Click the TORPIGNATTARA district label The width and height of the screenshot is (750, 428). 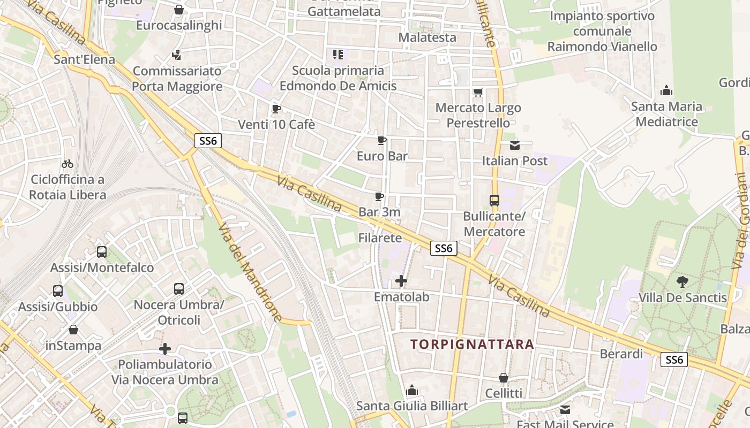pos(473,344)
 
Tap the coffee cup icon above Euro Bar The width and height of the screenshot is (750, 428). pos(382,140)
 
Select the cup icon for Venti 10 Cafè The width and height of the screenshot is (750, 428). pos(276,109)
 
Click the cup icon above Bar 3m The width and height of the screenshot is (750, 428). pos(379,196)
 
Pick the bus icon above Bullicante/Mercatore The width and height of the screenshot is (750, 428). pos(494,201)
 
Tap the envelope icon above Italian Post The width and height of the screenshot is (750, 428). pos(515,145)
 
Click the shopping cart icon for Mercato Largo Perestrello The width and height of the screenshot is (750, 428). pos(478,92)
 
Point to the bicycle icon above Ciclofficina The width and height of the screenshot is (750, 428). pos(67,164)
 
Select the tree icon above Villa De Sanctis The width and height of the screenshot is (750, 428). pos(682,281)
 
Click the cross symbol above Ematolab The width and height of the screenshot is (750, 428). pos(401,280)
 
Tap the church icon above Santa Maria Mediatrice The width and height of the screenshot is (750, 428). pos(666,90)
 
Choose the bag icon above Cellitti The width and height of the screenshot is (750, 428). pos(504,378)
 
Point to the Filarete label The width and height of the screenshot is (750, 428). pos(380,238)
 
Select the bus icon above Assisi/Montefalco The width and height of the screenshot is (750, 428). pos(102,251)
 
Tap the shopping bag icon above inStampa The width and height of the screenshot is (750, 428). pos(73,330)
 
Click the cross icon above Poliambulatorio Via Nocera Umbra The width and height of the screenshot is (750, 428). pos(165,349)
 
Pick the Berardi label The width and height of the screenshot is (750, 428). pos(621,354)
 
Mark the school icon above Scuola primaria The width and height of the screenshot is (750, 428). pos(337,54)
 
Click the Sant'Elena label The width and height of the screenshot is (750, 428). pos(85,59)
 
